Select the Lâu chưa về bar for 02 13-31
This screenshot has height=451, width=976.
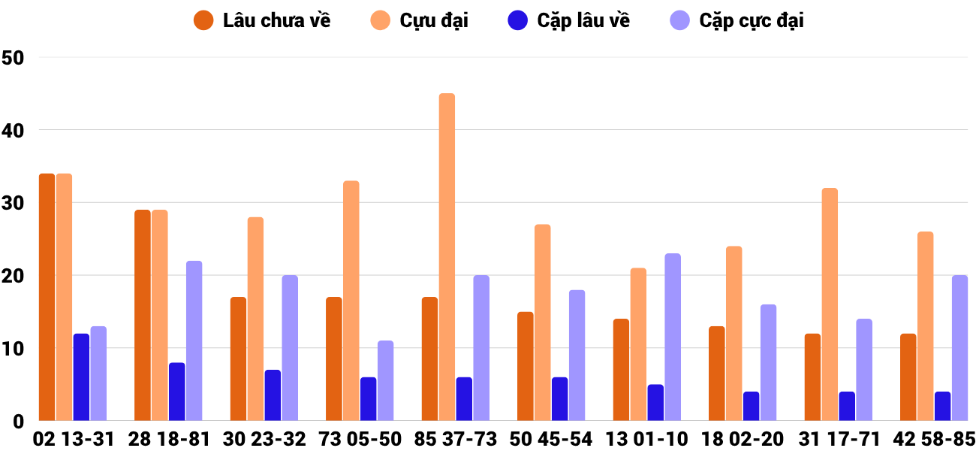(47, 297)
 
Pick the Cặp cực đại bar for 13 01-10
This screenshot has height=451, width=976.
(673, 337)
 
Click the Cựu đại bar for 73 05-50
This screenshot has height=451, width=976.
(351, 301)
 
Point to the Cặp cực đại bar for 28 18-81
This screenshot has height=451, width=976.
(194, 341)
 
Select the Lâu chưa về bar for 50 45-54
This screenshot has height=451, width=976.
(526, 366)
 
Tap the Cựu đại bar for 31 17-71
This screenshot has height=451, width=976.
(830, 304)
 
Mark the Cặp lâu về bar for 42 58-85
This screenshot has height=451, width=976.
(942, 406)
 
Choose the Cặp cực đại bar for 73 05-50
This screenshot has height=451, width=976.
(385, 380)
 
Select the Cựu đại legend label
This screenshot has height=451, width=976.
(433, 20)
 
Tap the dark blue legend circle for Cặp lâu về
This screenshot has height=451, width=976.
(518, 20)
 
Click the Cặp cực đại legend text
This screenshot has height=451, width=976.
(751, 20)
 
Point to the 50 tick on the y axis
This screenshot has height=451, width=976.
(14, 57)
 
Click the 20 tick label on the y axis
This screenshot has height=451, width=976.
(14, 276)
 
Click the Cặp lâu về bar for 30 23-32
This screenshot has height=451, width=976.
(273, 395)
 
